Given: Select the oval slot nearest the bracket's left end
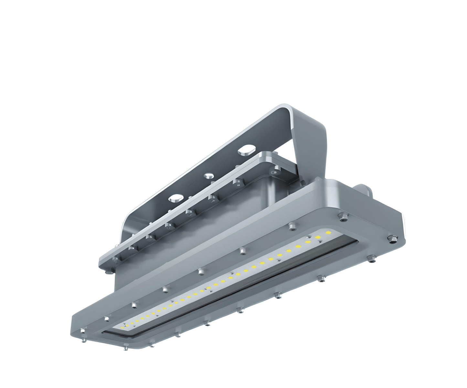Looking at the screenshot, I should coord(175,197).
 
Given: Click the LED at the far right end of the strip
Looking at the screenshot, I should coord(329,232).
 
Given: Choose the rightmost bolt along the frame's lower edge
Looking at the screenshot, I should coord(372,257).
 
